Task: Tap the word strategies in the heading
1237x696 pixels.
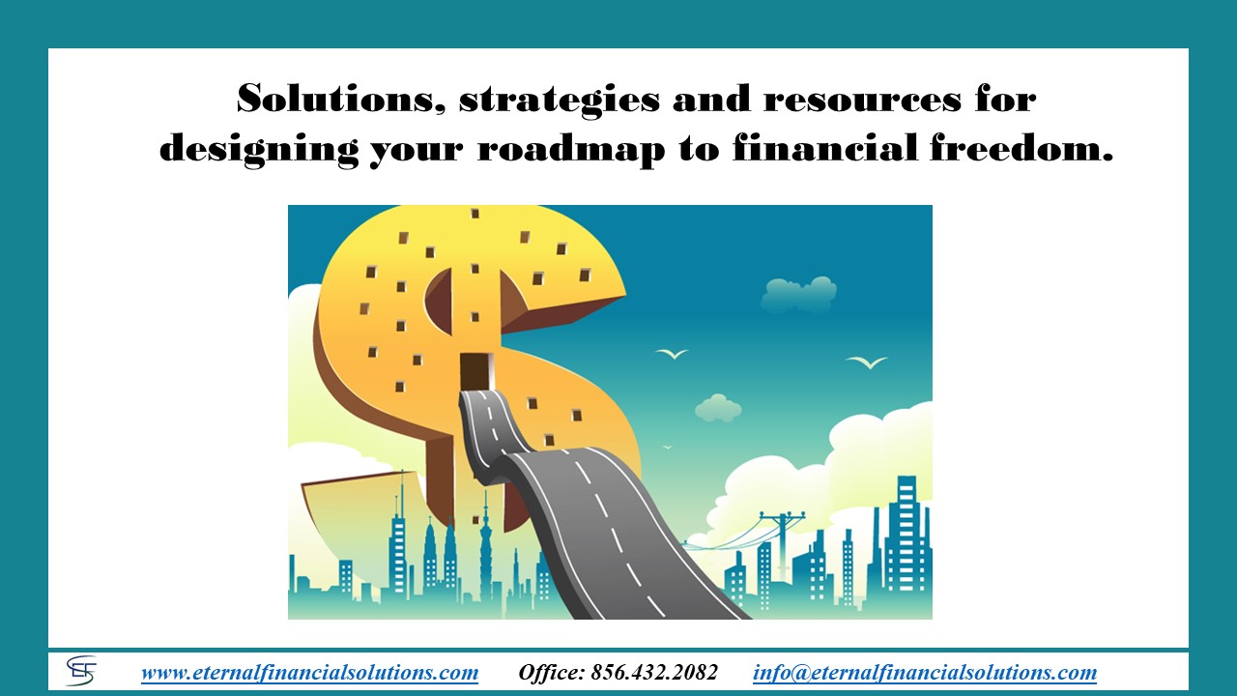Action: point(559,101)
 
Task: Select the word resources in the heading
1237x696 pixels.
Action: point(862,100)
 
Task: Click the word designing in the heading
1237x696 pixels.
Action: point(258,149)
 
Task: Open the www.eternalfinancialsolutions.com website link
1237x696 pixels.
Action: point(310,672)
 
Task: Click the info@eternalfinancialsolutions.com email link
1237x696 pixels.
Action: point(925,672)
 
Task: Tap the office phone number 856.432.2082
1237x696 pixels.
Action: point(654,672)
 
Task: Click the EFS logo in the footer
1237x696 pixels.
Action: point(81,671)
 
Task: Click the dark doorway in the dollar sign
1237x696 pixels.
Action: point(475,372)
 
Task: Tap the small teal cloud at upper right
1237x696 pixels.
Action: point(798,293)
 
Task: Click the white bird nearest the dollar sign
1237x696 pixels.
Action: point(672,353)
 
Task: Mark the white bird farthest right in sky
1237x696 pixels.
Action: point(867,362)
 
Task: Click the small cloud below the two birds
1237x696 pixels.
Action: point(718,408)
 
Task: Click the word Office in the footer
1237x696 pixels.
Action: point(551,672)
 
